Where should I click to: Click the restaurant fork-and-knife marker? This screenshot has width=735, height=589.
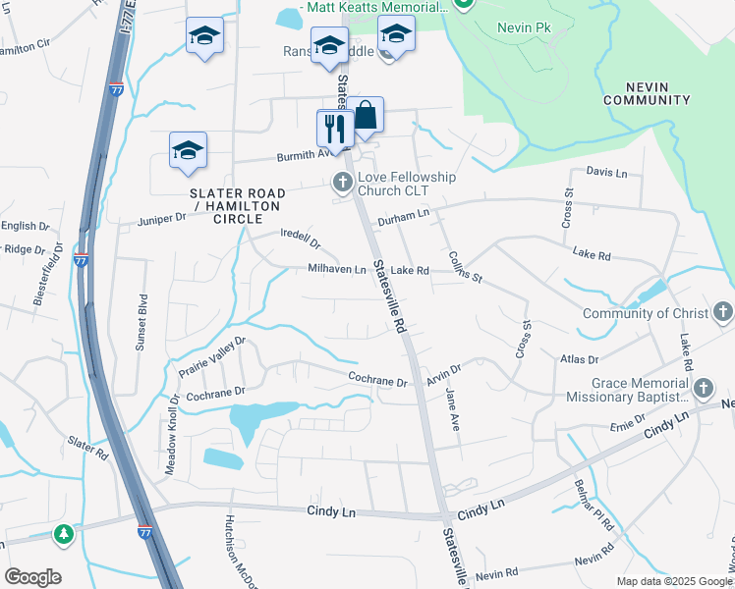tap(334, 128)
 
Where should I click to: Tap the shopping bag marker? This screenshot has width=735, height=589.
tap(365, 115)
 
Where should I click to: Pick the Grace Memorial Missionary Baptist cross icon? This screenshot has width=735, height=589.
tap(703, 390)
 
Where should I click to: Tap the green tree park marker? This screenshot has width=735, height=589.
tap(64, 534)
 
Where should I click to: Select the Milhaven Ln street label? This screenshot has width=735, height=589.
tap(337, 270)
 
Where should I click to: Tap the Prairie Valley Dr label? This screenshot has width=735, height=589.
tap(211, 357)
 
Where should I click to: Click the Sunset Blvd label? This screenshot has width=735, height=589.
tap(141, 321)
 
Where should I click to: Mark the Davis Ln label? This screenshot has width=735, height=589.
tap(606, 172)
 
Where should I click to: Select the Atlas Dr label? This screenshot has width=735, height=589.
tap(578, 360)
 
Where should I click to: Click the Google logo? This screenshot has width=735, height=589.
tap(32, 577)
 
